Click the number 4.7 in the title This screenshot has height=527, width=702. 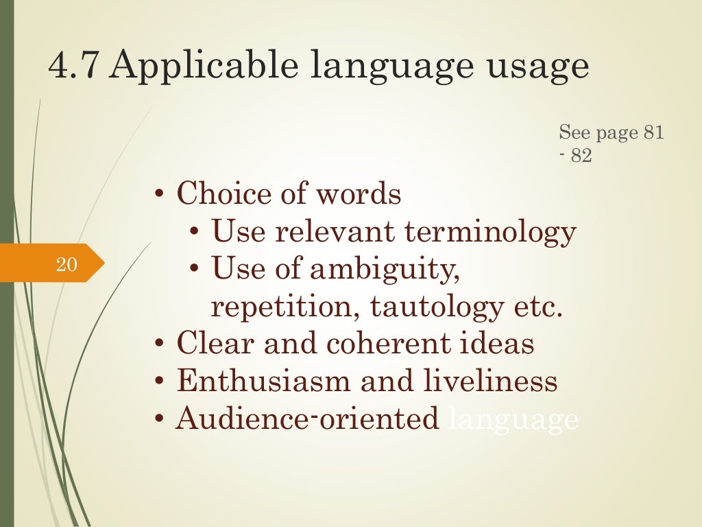click(74, 67)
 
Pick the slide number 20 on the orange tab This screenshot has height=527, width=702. click(66, 263)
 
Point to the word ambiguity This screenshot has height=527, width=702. click(385, 270)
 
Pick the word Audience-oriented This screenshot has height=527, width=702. click(308, 419)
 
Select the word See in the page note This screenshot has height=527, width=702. click(574, 132)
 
